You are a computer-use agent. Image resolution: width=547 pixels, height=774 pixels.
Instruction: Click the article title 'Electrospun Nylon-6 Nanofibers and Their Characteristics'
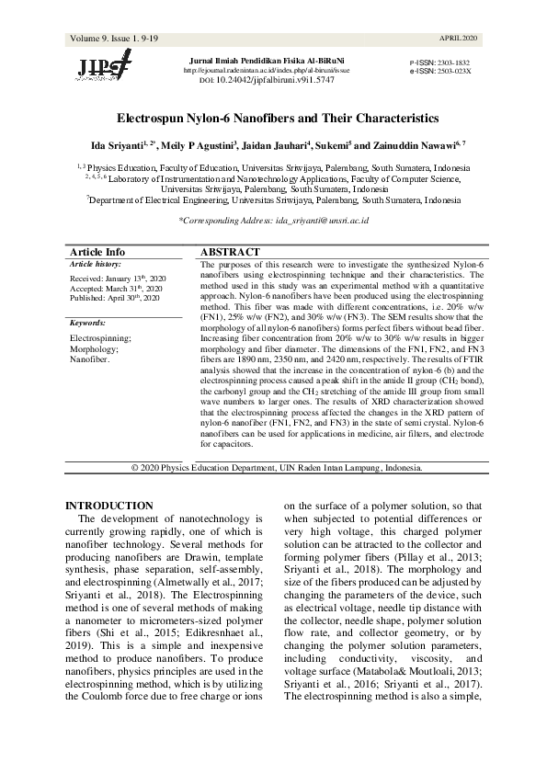click(273, 119)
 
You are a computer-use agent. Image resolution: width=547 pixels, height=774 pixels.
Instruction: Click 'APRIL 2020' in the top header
click(459, 39)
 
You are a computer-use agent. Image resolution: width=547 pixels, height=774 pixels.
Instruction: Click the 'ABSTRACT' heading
click(230, 252)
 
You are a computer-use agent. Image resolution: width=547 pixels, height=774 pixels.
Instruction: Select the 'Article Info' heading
click(97, 252)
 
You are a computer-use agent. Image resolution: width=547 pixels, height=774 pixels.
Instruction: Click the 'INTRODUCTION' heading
click(110, 506)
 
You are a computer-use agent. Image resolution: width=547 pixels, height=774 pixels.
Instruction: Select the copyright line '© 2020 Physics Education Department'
click(276, 467)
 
